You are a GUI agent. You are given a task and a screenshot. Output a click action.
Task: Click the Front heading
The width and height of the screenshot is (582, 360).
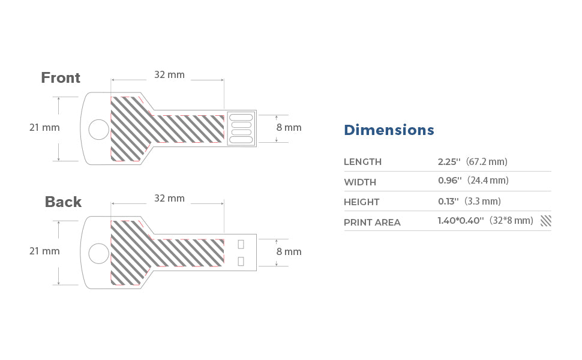click(61, 78)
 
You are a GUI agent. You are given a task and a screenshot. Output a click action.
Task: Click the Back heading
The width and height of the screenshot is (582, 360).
click(63, 202)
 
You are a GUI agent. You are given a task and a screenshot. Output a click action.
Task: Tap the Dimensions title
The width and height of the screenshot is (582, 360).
click(389, 130)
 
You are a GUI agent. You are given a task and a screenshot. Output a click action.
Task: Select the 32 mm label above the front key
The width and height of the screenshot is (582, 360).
click(169, 74)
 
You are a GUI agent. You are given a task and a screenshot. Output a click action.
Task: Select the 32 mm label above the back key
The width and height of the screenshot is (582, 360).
click(169, 198)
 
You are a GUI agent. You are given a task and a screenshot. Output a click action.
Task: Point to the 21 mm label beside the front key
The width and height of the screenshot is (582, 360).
click(44, 127)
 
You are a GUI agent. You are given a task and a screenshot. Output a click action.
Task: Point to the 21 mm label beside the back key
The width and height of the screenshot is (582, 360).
click(44, 251)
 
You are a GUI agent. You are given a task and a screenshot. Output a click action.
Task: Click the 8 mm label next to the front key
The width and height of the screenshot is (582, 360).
click(289, 127)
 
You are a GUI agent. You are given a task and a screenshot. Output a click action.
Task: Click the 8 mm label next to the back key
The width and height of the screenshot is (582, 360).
click(289, 251)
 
